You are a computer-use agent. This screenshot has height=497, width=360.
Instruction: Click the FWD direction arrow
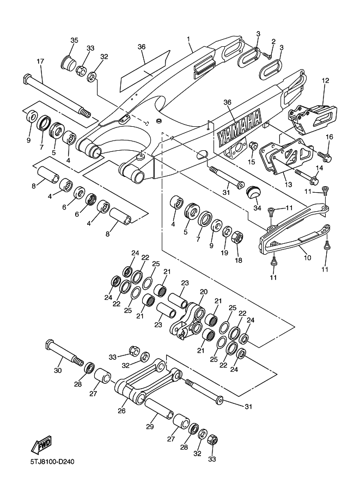[x=41, y=445]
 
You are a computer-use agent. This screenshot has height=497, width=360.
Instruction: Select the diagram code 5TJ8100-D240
[x=52, y=462]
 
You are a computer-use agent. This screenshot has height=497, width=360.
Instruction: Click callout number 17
[x=40, y=61]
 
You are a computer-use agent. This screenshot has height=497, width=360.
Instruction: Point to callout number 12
[x=325, y=81]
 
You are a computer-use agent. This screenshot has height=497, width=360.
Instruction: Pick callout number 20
[x=204, y=291]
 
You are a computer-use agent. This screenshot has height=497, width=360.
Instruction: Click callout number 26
[x=122, y=411]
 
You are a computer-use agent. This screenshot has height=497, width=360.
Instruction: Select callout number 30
[x=58, y=370]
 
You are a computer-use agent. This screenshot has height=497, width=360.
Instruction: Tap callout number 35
[x=74, y=40]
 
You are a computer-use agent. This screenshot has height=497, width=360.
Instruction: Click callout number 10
[x=307, y=257]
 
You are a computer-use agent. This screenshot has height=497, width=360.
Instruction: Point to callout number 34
[x=257, y=208]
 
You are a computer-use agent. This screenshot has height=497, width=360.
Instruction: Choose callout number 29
[x=150, y=426]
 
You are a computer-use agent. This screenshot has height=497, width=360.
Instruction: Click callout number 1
[x=188, y=39]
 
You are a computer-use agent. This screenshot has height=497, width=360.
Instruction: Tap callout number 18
[x=238, y=260]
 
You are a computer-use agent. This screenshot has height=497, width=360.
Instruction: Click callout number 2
[x=273, y=41]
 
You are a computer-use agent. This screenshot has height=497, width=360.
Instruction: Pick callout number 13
[x=288, y=184]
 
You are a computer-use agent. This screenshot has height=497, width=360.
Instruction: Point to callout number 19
[x=224, y=253]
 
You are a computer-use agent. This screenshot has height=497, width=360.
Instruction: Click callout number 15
[x=252, y=162]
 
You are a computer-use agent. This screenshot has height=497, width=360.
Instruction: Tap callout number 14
[x=319, y=168]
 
